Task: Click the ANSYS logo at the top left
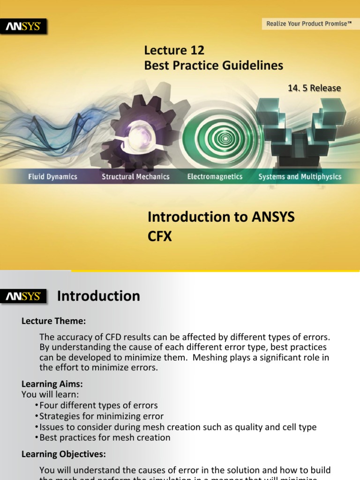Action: point(26,27)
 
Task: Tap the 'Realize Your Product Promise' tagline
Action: point(309,23)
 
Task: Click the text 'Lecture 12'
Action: point(174,50)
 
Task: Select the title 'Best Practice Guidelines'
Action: point(213,65)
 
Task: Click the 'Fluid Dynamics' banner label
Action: point(52,177)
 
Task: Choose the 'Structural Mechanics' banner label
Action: point(135,177)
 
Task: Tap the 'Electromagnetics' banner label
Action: point(215,177)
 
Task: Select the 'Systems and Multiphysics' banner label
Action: point(300,177)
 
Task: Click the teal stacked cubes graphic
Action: point(300,127)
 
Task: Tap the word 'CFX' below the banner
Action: point(160,237)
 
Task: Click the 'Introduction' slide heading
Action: point(98,296)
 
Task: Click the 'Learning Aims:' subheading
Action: point(52,383)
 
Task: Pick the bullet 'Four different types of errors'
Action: point(98,405)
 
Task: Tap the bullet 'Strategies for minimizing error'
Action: point(101,416)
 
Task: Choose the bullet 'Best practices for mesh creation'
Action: point(105,437)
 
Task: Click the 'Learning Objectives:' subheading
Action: point(64,454)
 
